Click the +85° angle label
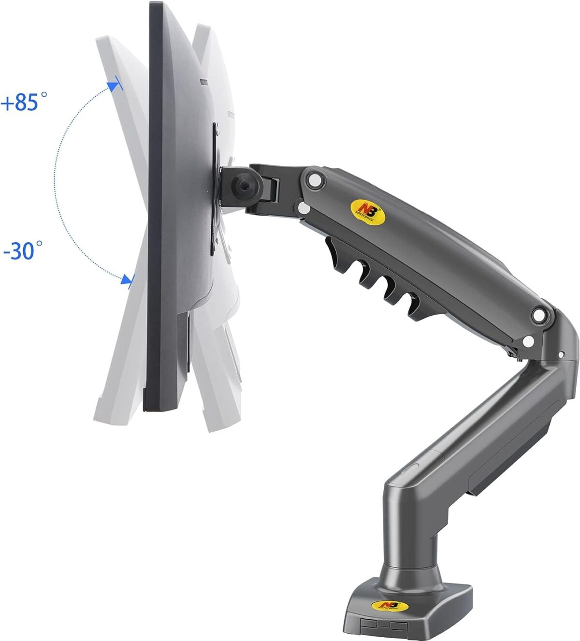[25, 102]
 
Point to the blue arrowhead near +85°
[114, 86]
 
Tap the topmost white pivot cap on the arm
[315, 179]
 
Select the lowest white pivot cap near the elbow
[528, 342]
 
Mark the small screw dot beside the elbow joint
[560, 355]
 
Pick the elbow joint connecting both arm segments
[556, 338]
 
